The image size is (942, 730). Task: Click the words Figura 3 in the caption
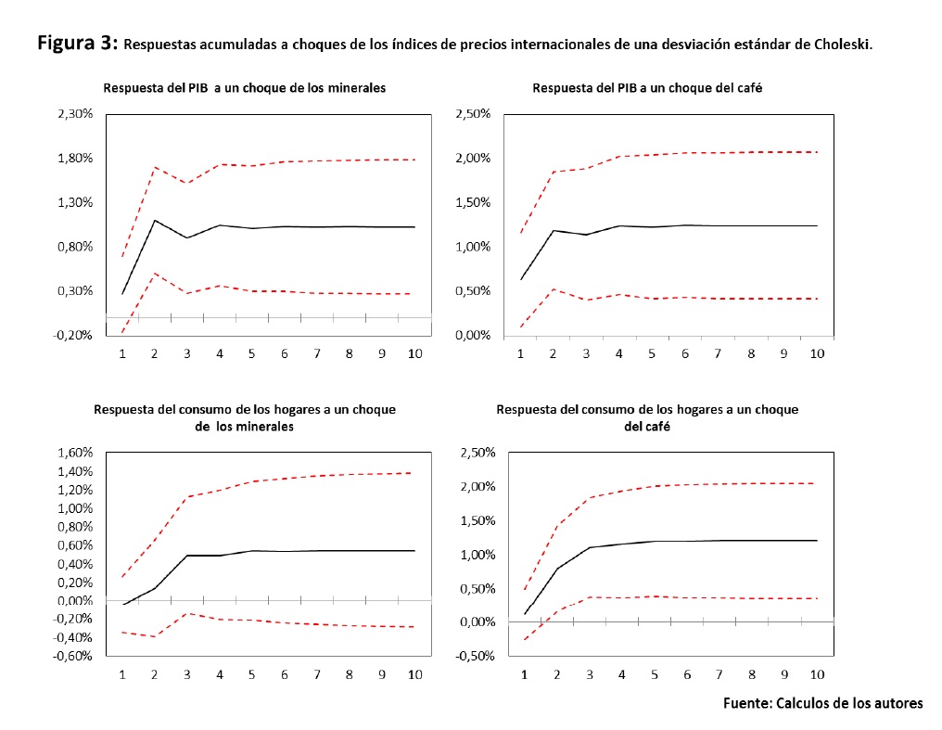tap(77, 43)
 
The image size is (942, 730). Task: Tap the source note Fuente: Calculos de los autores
tap(822, 703)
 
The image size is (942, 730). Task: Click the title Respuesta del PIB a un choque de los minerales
tap(245, 88)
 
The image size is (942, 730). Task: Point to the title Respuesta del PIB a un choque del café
tap(648, 88)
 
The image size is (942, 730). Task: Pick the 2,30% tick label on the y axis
tap(70, 114)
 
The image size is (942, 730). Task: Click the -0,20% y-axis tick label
tap(70, 336)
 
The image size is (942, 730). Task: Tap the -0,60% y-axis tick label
tap(70, 657)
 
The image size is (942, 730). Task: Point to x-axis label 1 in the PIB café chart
tap(521, 353)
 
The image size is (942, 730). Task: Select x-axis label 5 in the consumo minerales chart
tap(251, 674)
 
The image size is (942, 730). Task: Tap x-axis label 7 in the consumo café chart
tap(719, 674)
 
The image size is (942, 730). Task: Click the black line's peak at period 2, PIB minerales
tap(155, 220)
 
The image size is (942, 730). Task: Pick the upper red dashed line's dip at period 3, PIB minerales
tap(187, 183)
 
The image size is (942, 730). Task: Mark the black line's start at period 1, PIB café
tap(521, 279)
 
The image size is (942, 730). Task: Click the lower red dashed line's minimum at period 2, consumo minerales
tap(155, 636)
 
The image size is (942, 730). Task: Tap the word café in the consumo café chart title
tap(647, 427)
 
